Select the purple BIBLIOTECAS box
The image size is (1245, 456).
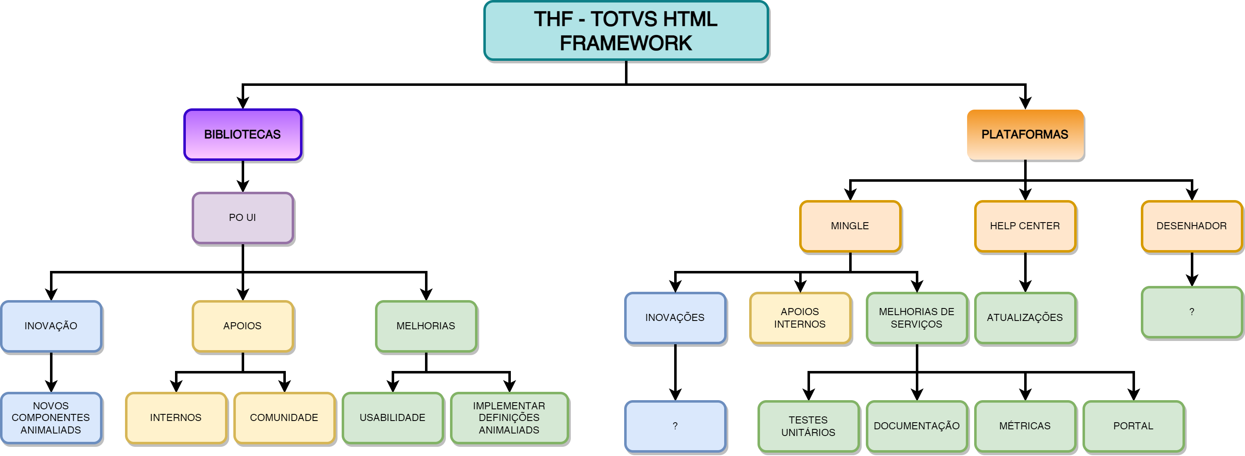(x=242, y=135)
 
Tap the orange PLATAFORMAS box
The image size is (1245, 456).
(x=1025, y=135)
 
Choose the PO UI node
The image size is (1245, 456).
(x=242, y=218)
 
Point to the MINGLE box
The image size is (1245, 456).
(x=850, y=226)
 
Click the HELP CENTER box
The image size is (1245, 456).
(x=1025, y=226)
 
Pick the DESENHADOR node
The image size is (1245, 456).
(x=1191, y=226)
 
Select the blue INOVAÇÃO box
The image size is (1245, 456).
(x=51, y=326)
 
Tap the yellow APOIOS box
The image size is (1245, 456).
(x=242, y=326)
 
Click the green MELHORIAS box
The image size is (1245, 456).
(x=426, y=326)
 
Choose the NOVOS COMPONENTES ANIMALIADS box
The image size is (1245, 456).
(x=51, y=418)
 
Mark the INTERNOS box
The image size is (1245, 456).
(x=176, y=418)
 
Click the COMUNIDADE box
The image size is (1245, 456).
(x=284, y=418)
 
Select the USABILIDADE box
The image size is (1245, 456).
(x=392, y=418)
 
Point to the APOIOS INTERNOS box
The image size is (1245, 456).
(x=800, y=318)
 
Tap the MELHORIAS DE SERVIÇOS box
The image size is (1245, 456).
(x=917, y=318)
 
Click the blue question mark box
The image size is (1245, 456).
(x=675, y=426)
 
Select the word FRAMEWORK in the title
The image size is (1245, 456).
(x=626, y=43)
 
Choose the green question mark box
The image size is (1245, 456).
(x=1191, y=312)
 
